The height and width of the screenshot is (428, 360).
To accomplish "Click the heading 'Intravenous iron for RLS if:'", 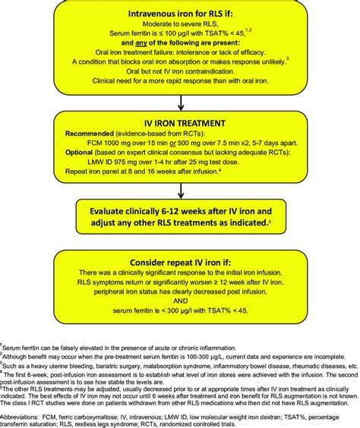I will pyautogui.click(x=179, y=14).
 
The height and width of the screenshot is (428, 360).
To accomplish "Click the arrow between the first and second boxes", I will pyautogui.click(x=179, y=102).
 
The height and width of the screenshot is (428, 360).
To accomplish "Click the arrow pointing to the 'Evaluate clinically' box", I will pyautogui.click(x=179, y=195).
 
